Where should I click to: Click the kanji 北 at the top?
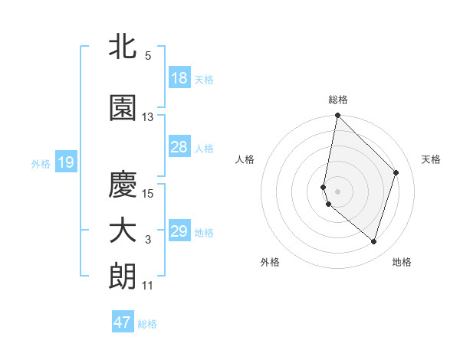[x=123, y=47]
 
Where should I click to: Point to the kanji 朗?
[x=123, y=277]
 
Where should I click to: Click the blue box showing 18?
[x=179, y=78]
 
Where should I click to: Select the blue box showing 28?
[x=179, y=147]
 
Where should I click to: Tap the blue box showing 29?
[x=179, y=231]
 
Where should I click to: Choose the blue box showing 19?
[x=65, y=162]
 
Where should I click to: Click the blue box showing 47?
[x=123, y=322]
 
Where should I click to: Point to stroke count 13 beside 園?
[x=148, y=117]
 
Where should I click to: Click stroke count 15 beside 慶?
[x=148, y=193]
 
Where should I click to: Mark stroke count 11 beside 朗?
[x=148, y=286]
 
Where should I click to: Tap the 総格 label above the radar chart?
[x=338, y=100]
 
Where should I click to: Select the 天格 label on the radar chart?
[x=432, y=159]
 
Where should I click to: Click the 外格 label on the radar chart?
[x=270, y=262]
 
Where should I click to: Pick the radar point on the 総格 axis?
[x=337, y=116]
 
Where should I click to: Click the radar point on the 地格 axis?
[x=373, y=241]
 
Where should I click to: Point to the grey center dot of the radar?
[x=337, y=191]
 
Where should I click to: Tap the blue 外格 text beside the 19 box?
[x=41, y=163]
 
